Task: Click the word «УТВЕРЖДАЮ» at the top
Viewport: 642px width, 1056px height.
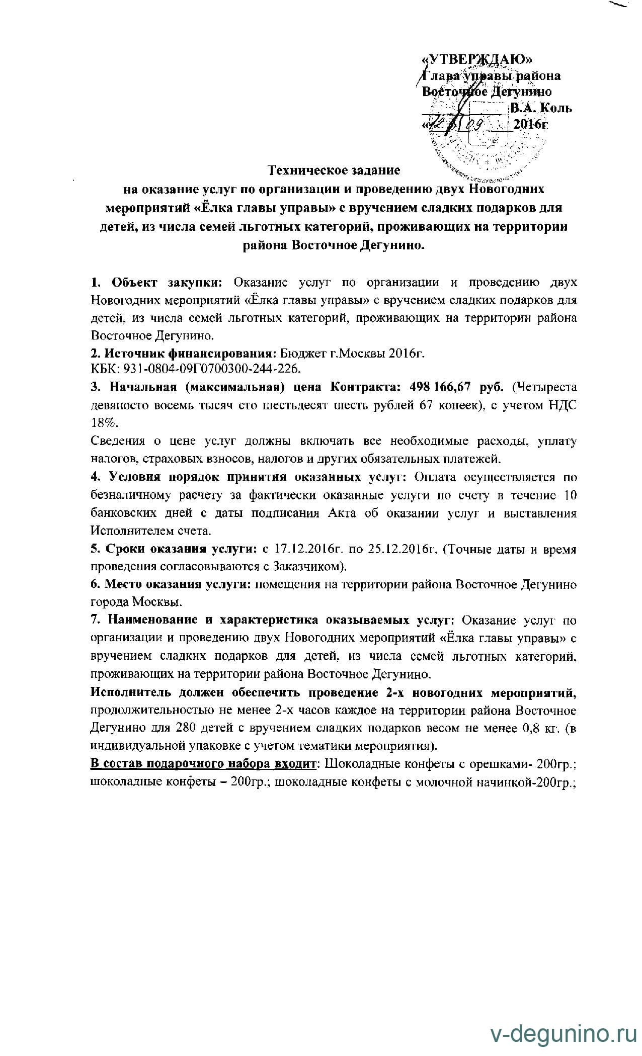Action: coord(475,59)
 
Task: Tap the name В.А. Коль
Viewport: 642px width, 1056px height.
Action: coord(541,108)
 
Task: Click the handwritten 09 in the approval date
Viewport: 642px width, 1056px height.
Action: coord(483,124)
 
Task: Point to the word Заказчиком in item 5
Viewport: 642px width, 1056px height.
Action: coord(309,567)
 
